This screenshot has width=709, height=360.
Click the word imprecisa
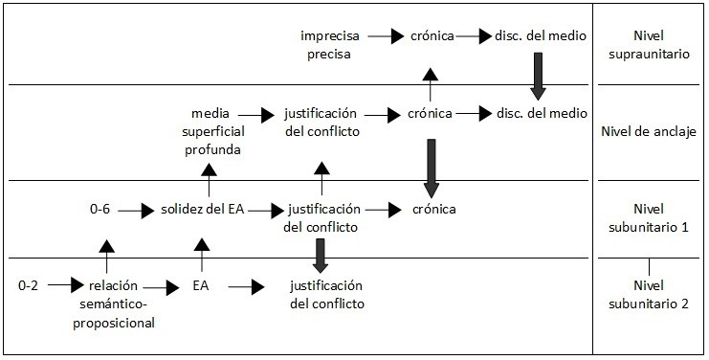330,35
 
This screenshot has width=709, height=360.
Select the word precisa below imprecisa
329,55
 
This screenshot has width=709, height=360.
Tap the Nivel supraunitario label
649,45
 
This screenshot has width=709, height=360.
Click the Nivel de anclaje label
649,131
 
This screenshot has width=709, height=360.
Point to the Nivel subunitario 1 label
649,218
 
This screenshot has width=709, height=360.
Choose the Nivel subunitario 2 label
649,295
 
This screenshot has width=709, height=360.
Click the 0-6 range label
100,210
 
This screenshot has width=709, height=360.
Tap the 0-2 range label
28,286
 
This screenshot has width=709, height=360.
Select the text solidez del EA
203,210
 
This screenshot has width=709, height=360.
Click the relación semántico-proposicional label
114,304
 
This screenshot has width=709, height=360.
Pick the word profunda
212,149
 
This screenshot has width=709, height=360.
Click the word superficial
213,131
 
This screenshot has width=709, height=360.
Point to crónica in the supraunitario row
432,35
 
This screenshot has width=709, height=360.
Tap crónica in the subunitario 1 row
434,210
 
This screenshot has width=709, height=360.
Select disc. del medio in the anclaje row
542,113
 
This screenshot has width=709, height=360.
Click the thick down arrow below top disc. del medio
538,76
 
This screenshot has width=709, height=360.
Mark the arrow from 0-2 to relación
66,285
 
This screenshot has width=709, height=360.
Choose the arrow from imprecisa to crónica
386,35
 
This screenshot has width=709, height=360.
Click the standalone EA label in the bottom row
200,286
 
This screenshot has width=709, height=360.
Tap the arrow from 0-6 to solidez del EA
136,211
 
